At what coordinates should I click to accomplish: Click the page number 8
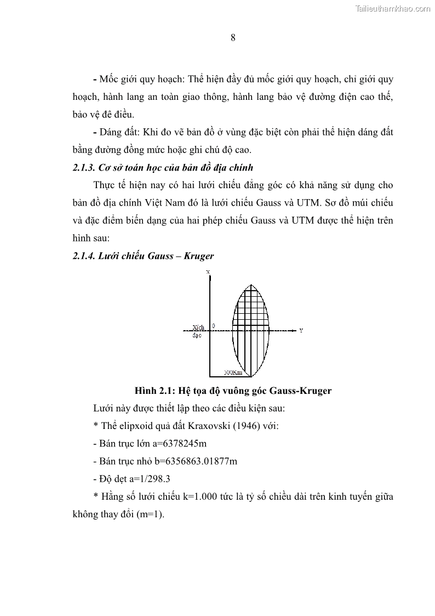pos(233,38)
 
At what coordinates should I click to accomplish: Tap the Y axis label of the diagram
pos(301,331)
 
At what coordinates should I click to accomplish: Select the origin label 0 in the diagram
pos(214,326)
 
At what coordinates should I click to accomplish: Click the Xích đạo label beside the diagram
pos(197,331)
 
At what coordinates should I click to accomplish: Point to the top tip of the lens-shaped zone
pos(251,284)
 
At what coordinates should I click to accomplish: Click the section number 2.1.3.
pos(84,167)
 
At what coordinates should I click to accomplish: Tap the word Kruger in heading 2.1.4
pos(199,256)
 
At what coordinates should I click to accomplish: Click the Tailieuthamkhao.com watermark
pos(393,8)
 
